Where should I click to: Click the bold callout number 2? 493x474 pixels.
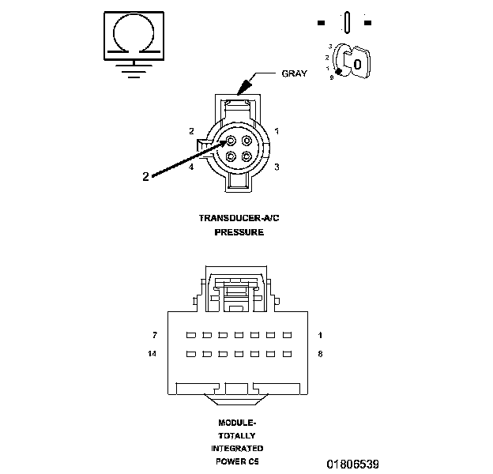[145, 177]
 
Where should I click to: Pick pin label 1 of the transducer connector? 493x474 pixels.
[277, 130]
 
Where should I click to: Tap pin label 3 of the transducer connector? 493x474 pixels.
[277, 167]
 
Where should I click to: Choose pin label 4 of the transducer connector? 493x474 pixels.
[192, 167]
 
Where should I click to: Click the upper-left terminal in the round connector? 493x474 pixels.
[230, 141]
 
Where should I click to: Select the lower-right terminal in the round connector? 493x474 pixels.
[246, 156]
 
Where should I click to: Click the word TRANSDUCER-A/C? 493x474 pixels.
[239, 217]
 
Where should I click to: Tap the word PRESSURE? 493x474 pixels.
[239, 233]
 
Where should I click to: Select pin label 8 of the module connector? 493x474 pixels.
[320, 355]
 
